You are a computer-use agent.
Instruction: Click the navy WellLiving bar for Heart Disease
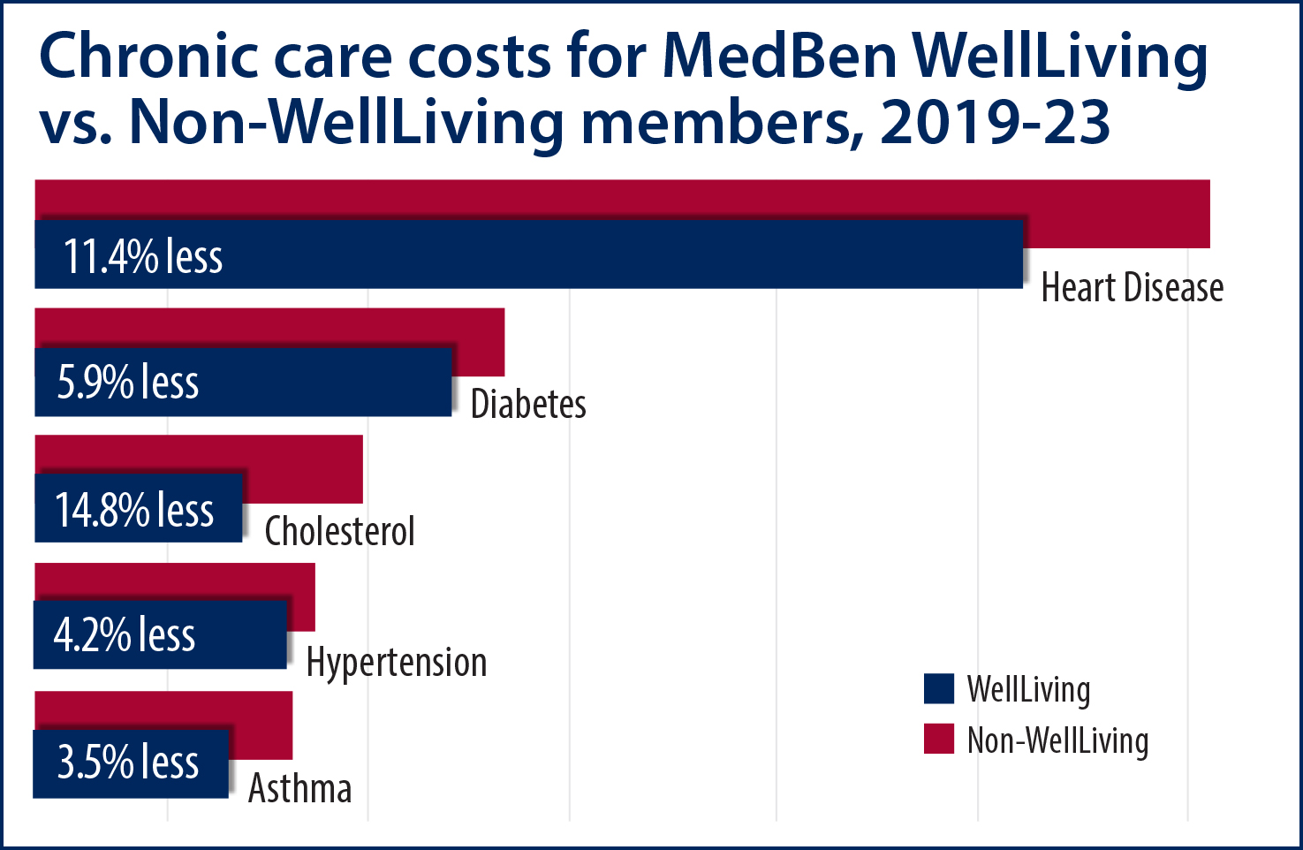618,254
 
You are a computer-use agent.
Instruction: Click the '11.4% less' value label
143,256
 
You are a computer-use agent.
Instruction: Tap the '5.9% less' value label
128,383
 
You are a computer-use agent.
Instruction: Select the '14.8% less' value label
134,510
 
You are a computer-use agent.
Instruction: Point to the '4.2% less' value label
125,635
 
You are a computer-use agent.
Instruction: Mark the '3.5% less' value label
128,763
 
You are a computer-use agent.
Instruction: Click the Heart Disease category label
1133,288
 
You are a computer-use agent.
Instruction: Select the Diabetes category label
528,404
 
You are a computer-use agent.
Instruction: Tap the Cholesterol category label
340,531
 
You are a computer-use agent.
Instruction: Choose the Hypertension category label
397,663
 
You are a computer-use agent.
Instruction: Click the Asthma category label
300,788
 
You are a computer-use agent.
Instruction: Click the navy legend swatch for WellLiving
939,689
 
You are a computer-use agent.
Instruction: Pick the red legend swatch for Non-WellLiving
939,740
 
